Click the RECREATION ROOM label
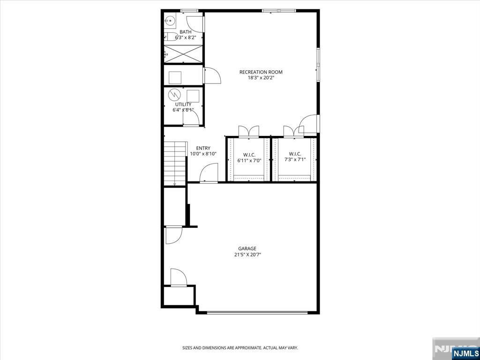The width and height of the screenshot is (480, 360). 261,72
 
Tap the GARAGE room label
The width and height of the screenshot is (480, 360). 247,248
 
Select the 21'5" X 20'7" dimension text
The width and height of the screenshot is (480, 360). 247,255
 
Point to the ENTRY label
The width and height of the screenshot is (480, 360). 203,149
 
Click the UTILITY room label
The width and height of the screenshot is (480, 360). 183,105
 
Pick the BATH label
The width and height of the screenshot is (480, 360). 186,32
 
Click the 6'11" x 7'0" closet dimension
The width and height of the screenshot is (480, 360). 249,160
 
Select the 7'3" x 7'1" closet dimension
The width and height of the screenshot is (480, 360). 295,159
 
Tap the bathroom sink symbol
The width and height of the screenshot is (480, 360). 169,21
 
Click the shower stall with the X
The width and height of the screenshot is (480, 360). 183,54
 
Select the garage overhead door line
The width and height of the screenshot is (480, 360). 257,313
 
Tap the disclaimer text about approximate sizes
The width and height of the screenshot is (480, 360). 240,348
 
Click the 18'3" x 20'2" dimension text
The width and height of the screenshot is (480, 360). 261,78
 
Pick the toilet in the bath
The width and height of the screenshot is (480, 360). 170,37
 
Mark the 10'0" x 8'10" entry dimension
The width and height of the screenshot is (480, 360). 203,154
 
